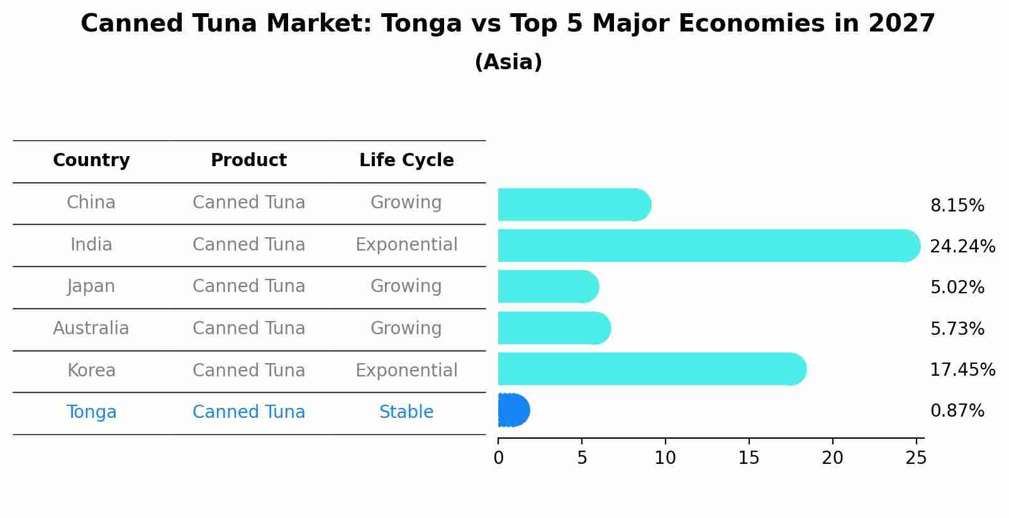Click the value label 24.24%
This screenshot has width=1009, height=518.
962,246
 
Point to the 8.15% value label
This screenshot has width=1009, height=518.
957,206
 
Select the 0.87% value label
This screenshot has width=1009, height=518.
957,411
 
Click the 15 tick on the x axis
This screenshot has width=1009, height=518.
749,458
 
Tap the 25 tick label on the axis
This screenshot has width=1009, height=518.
916,458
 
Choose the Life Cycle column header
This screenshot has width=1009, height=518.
406,160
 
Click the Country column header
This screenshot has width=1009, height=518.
91,160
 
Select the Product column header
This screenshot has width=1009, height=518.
248,160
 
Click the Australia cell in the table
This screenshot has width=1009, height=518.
91,329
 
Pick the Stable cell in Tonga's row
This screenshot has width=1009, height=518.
406,412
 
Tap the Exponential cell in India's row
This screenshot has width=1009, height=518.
406,245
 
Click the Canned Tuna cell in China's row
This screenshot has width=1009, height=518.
248,203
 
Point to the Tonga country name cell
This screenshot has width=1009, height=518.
91,412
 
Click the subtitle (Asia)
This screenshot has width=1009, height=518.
508,62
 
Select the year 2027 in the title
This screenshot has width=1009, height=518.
901,24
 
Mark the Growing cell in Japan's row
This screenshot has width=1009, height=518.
406,286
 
